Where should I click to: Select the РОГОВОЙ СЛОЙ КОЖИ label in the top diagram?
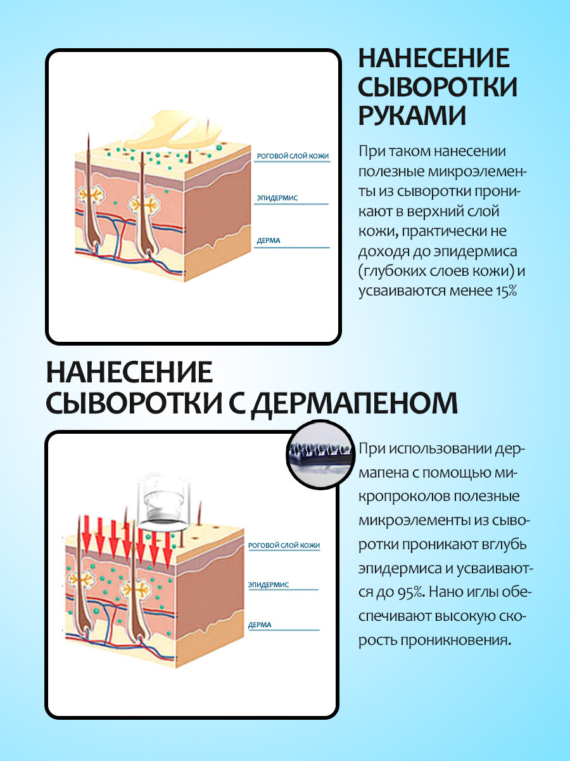pyautogui.click(x=293, y=156)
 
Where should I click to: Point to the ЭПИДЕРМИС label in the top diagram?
pyautogui.click(x=277, y=198)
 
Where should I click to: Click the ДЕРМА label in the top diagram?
pyautogui.click(x=269, y=241)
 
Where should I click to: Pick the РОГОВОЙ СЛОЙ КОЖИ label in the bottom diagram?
pyautogui.click(x=284, y=545)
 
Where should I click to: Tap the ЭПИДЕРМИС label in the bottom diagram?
pyautogui.click(x=269, y=585)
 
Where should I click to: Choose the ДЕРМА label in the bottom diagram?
pyautogui.click(x=260, y=625)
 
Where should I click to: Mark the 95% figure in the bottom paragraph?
pyautogui.click(x=413, y=592)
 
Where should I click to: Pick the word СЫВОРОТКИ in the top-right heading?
pyautogui.click(x=438, y=87)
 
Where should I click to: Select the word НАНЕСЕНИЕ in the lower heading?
pyautogui.click(x=129, y=372)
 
